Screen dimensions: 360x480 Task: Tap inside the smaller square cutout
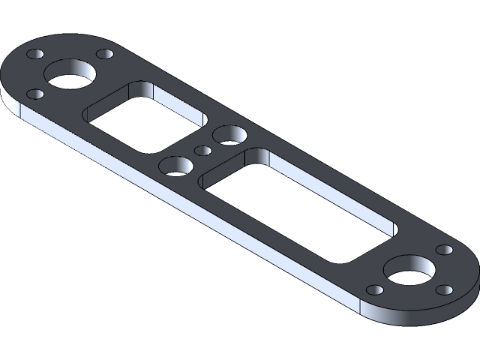(142, 116)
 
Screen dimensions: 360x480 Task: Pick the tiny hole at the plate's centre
(202, 150)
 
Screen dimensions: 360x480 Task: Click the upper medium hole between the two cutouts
(229, 136)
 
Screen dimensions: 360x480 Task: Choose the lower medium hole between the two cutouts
(175, 166)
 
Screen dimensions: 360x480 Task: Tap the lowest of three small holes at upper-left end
(34, 94)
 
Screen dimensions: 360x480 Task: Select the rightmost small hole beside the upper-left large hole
(105, 54)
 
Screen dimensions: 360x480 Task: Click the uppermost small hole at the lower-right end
(444, 250)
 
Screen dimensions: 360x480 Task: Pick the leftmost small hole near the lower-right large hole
(373, 290)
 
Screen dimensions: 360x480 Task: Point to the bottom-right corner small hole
(445, 289)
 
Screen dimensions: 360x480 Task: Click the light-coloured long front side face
(187, 217)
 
